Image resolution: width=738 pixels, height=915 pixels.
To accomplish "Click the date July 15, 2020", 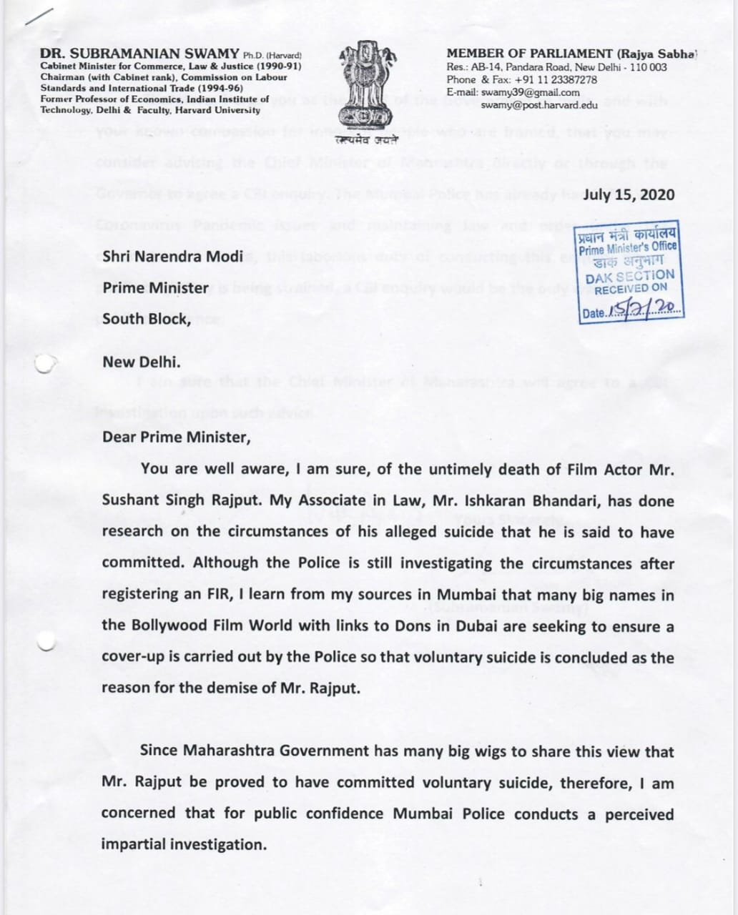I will (x=629, y=195).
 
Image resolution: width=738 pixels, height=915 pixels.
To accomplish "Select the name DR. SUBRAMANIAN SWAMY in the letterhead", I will (x=140, y=54).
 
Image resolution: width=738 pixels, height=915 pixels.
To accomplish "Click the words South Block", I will (x=146, y=319).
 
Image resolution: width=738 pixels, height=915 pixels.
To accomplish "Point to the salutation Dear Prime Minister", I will (x=176, y=437).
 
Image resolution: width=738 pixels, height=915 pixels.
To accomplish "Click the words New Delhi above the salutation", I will (x=141, y=362).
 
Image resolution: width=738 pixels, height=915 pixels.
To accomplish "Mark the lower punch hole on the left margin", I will (x=46, y=641).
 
